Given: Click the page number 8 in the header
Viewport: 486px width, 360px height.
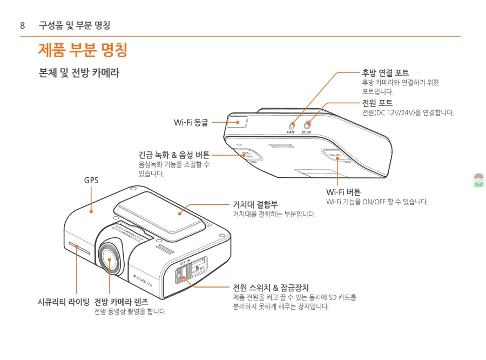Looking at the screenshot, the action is [x=22, y=25].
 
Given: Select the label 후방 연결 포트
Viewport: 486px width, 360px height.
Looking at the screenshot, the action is [x=385, y=72].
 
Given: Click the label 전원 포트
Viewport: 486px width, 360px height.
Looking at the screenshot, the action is [x=377, y=103].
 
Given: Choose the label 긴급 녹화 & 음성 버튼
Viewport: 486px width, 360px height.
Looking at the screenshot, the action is [x=174, y=155].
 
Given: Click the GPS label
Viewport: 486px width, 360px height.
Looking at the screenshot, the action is [x=91, y=180].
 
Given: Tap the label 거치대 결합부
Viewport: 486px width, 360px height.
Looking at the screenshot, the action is [x=255, y=204].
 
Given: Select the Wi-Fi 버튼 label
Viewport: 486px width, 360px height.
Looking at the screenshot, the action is [x=343, y=192].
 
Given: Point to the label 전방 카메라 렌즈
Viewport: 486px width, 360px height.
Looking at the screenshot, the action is [x=121, y=301].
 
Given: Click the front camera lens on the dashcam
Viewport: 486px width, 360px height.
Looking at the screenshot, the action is [x=110, y=261].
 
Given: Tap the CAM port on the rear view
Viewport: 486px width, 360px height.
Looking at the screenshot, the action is [x=292, y=124].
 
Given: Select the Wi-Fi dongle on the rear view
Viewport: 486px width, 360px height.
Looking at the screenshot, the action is [x=237, y=122].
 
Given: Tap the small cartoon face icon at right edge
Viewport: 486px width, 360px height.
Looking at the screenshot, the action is [x=478, y=180].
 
